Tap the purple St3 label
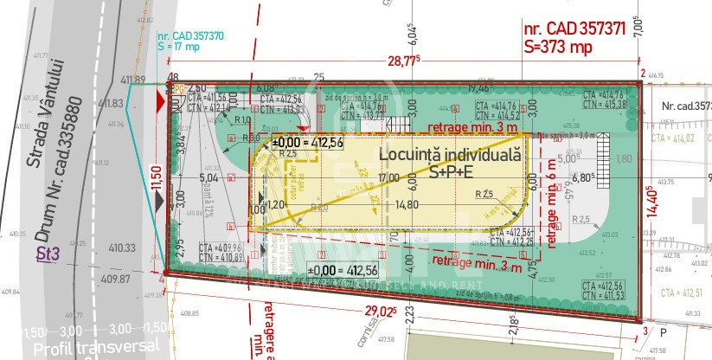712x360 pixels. point(48,254)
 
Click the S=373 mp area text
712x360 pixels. point(559,48)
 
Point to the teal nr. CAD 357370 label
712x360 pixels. point(190,36)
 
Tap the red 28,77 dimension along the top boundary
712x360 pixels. point(403,61)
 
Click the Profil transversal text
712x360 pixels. point(80,350)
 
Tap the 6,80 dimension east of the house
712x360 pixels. point(585,178)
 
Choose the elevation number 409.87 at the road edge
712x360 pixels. point(114,279)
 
